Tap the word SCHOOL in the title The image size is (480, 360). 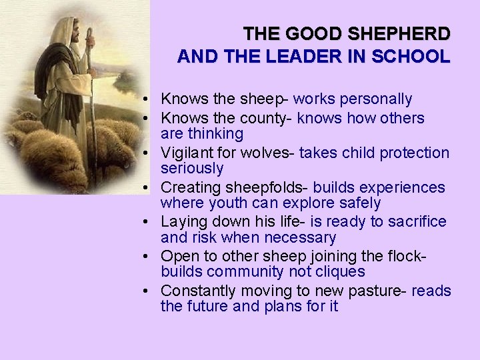point(418,57)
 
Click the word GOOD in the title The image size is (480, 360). point(306,33)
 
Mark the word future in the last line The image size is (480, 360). point(211,307)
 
